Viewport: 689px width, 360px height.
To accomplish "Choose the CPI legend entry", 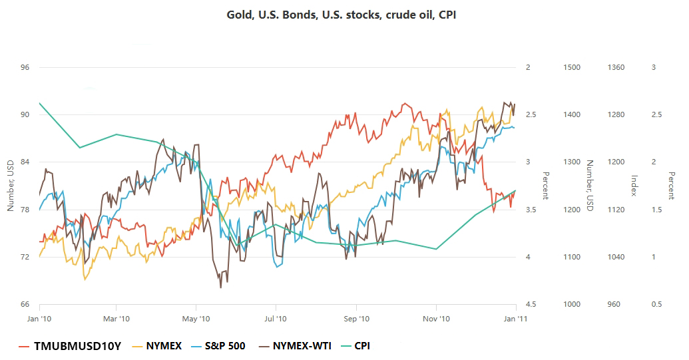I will (362, 346).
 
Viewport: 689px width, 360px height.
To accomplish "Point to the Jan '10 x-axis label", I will (39, 319).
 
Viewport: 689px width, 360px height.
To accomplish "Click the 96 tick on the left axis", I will (25, 67).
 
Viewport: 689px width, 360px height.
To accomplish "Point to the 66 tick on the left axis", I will (25, 304).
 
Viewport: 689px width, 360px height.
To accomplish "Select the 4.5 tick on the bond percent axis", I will (531, 304).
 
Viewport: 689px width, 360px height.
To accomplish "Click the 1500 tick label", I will (572, 67).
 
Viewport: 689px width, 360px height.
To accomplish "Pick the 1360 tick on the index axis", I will (616, 67).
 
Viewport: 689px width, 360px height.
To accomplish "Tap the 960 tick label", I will (614, 304).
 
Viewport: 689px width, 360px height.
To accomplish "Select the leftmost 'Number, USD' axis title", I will (10, 186).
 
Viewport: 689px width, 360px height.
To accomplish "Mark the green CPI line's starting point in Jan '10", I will (40, 103).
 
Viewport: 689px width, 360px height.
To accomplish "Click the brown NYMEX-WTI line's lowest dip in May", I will (220, 287).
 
